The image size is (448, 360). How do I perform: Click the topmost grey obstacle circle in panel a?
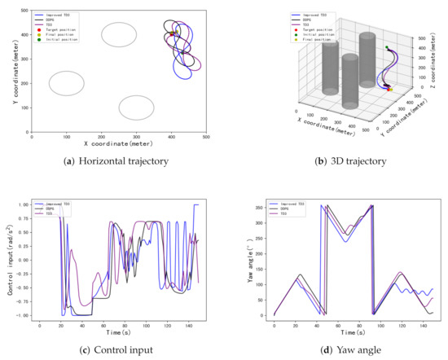click(x=119, y=35)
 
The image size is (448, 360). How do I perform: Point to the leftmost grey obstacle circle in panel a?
click(x=67, y=83)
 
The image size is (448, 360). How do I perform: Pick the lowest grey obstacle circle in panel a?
click(x=137, y=108)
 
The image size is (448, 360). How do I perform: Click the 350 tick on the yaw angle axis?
click(x=261, y=208)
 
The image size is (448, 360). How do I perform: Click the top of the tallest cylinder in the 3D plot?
click(x=368, y=37)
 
